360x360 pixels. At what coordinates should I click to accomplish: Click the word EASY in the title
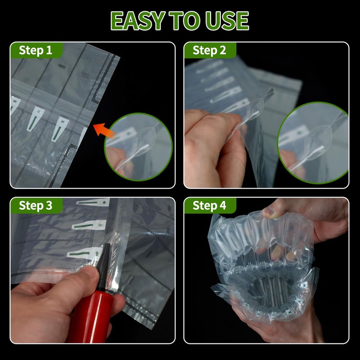point(138,21)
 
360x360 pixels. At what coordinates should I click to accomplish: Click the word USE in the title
point(227,21)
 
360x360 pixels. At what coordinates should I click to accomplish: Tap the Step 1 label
point(36,50)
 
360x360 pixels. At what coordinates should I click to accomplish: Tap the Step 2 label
point(209,50)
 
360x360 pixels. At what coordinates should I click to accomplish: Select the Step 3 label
point(36,206)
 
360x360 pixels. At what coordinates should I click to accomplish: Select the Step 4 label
point(209,206)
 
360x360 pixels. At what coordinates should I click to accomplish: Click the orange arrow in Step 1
point(104,130)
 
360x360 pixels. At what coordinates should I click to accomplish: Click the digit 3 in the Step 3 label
point(49,206)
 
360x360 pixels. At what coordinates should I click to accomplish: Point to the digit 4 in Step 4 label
point(223,206)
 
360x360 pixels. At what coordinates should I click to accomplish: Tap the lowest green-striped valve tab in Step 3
point(85,253)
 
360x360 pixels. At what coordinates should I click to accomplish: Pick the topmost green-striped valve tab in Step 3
point(93,202)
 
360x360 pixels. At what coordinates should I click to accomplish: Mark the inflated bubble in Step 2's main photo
point(255,108)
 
